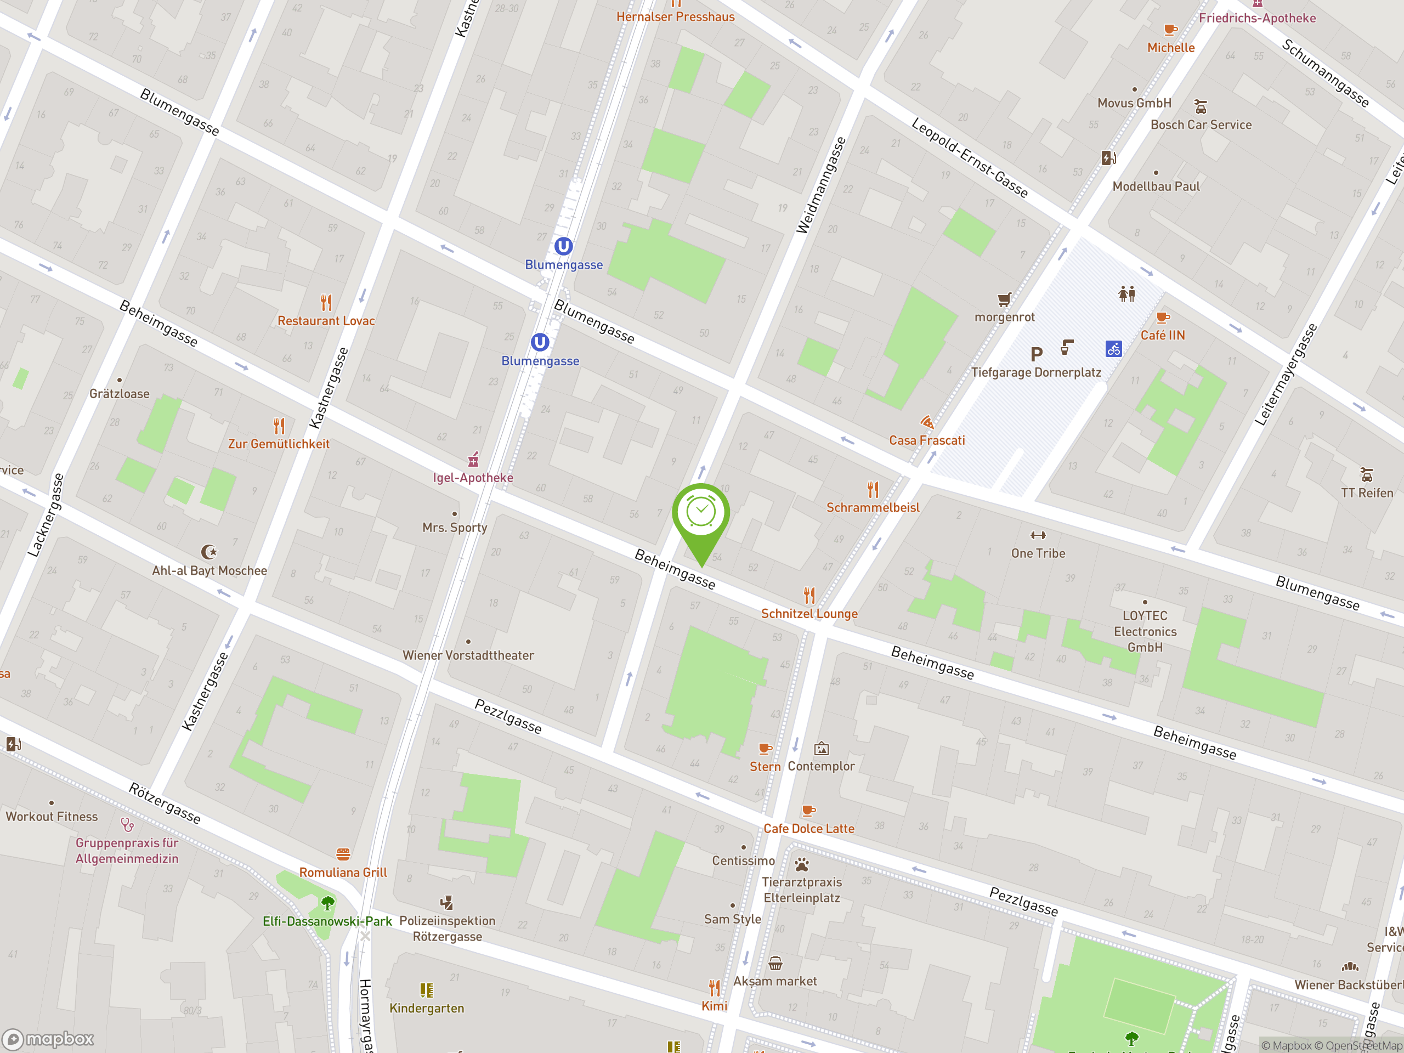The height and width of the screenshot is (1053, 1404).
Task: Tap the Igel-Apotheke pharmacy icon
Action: [473, 459]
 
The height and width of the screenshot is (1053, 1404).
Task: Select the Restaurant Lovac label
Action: [326, 320]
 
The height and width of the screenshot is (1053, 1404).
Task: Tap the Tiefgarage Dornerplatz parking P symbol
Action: [1037, 354]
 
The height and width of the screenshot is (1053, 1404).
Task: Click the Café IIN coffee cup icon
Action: [1163, 318]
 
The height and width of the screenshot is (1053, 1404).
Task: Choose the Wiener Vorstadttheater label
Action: [468, 655]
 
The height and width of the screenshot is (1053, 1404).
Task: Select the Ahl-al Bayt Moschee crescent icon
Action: [208, 552]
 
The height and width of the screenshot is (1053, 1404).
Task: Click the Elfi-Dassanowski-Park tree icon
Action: [327, 903]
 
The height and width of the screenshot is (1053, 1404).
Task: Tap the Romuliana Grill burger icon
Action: [343, 854]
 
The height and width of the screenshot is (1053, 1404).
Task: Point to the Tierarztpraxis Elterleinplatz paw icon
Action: [802, 864]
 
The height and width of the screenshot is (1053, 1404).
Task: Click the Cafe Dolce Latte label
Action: [808, 828]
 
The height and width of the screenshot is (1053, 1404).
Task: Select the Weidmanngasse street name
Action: [822, 185]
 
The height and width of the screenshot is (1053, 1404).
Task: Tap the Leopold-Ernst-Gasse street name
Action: [969, 157]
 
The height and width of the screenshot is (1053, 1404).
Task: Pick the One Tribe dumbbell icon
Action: [1038, 535]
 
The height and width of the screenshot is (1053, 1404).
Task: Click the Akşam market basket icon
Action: [775, 964]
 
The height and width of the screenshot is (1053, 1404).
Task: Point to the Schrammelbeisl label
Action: [873, 507]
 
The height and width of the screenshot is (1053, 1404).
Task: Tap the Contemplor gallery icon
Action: [822, 749]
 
